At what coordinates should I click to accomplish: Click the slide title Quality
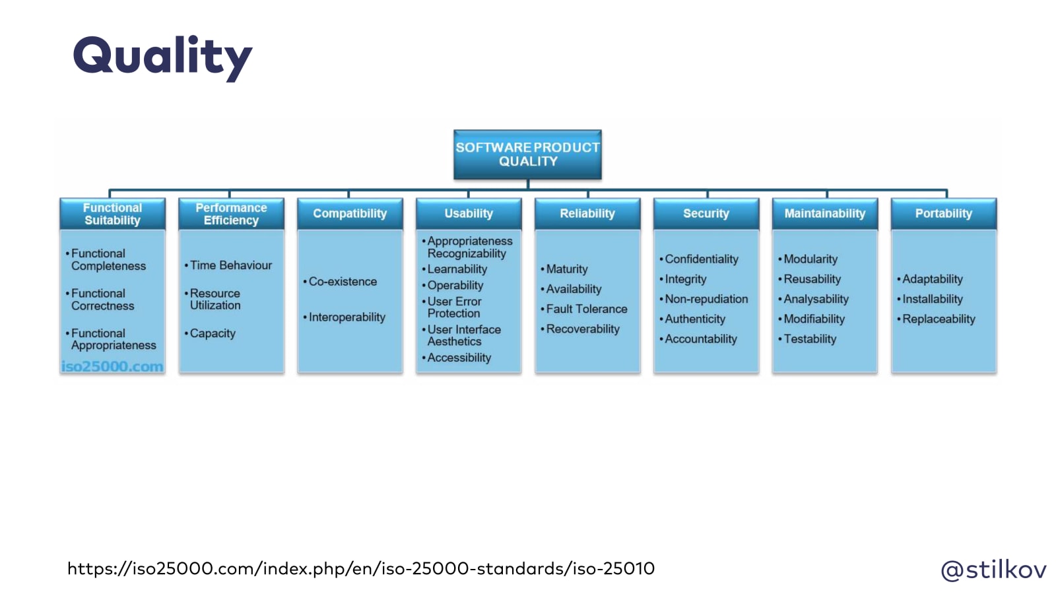(x=162, y=57)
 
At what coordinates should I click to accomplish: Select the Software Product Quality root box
(x=527, y=154)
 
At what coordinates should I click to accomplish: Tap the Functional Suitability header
(x=112, y=214)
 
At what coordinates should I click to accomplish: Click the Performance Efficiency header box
(x=231, y=214)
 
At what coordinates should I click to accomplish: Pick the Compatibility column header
(x=350, y=214)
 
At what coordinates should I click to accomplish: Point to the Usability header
(x=469, y=214)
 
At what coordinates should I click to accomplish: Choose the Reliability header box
(x=587, y=214)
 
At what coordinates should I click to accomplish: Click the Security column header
(x=706, y=214)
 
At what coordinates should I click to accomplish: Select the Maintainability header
(x=825, y=214)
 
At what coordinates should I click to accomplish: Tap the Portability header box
(x=944, y=214)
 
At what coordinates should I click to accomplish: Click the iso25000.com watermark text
(x=112, y=366)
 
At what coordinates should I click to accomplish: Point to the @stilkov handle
(x=993, y=569)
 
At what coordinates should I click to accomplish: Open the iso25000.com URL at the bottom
(x=361, y=568)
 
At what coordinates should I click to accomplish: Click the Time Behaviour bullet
(x=231, y=265)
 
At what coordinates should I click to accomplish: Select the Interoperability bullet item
(x=346, y=317)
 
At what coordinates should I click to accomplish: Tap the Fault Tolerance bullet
(x=586, y=309)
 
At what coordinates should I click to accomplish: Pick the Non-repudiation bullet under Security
(x=706, y=299)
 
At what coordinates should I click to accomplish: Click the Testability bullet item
(x=810, y=339)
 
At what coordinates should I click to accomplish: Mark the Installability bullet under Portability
(x=932, y=299)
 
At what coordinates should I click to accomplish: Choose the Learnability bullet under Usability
(x=457, y=269)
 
